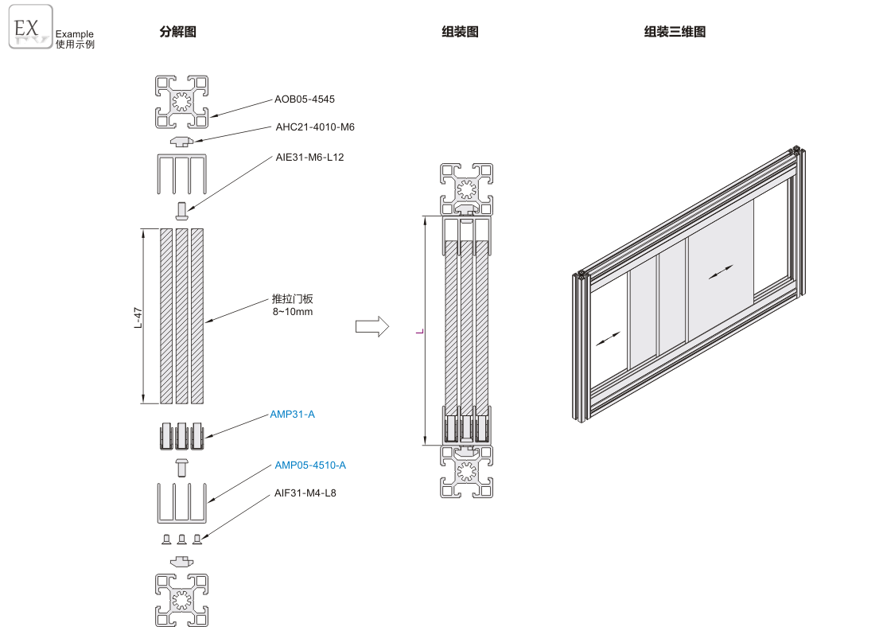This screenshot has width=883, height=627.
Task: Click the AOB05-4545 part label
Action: [x=305, y=99]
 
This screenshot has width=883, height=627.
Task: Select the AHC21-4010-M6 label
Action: [x=315, y=127]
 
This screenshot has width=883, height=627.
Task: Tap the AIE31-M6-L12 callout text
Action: [x=309, y=157]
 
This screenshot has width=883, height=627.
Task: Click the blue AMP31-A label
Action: [x=292, y=414]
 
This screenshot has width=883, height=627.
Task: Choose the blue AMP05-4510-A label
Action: [x=310, y=465]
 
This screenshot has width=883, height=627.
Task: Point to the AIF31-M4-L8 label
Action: [x=305, y=493]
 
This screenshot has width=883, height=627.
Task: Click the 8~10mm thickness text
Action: [x=293, y=311]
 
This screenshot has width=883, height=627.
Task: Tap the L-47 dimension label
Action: [x=138, y=317]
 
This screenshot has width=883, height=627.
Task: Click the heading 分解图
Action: [x=177, y=32]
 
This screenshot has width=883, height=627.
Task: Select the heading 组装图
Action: [x=460, y=32]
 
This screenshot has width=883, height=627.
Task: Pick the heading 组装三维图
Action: [x=675, y=32]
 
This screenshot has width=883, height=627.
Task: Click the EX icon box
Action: [x=31, y=27]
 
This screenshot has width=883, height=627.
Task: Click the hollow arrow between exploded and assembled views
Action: [x=371, y=325]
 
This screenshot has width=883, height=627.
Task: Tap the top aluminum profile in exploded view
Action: [x=181, y=101]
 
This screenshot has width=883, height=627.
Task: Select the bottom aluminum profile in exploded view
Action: [x=181, y=599]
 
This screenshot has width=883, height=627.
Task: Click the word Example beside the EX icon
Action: [x=75, y=34]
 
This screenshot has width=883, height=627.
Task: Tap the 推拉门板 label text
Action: [x=293, y=299]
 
